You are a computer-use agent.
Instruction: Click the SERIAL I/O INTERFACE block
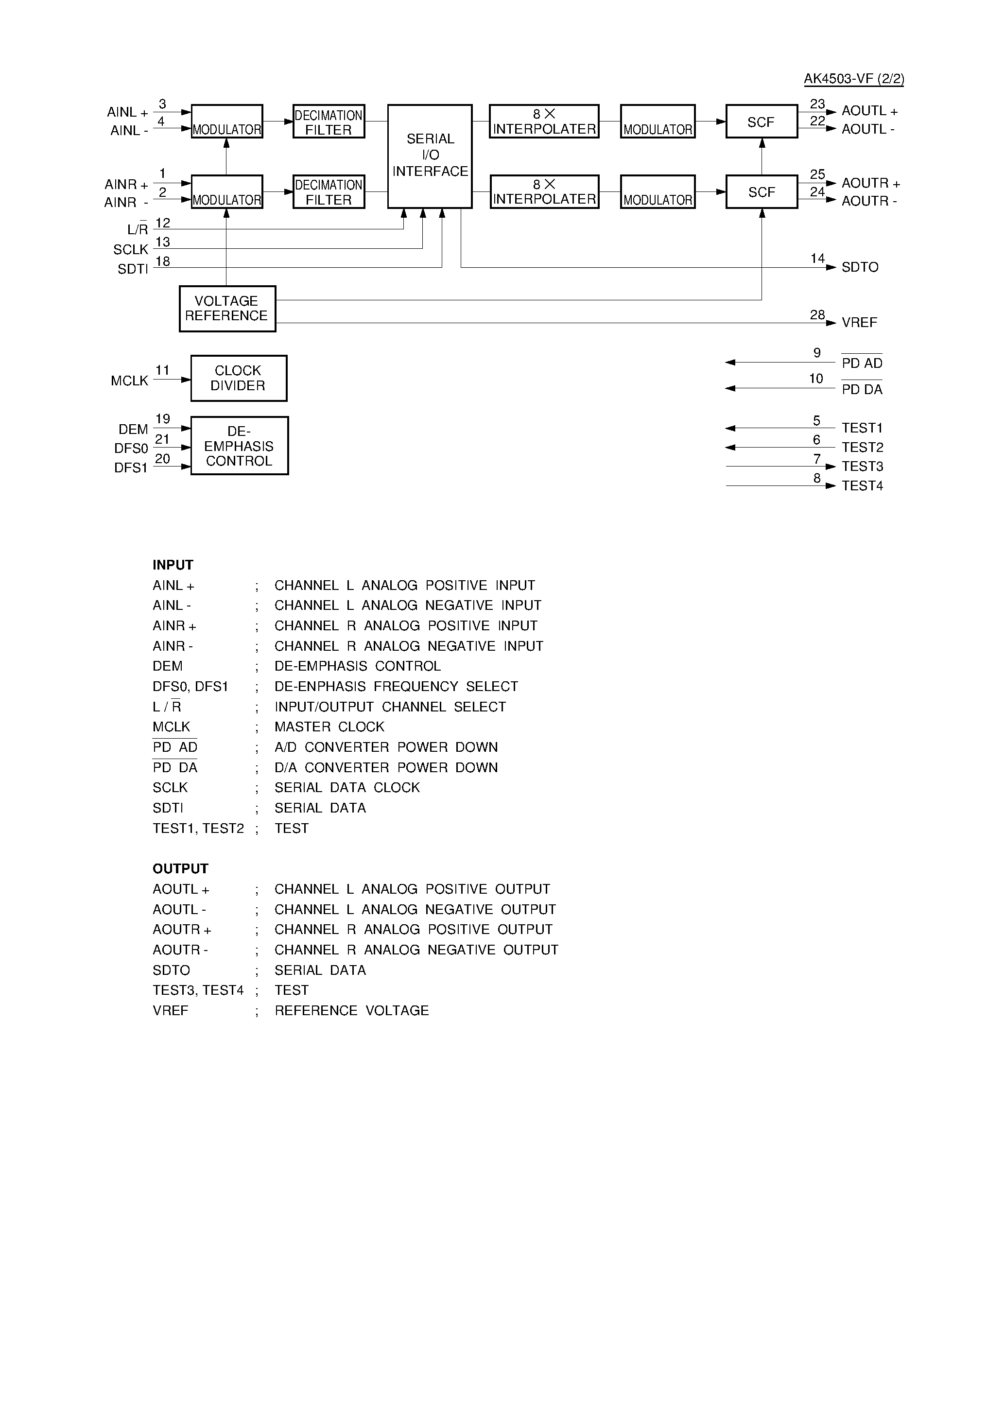[x=430, y=156]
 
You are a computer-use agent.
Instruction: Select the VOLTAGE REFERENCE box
[x=227, y=309]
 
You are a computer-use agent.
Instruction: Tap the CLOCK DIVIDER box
[x=239, y=378]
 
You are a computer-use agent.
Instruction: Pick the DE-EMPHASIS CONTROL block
[x=239, y=446]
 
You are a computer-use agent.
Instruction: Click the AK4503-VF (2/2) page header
[x=853, y=79]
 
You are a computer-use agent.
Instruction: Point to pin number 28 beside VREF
[x=817, y=315]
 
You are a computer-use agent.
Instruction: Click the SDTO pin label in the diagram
[x=859, y=267]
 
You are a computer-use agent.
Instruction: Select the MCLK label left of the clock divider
[x=129, y=381]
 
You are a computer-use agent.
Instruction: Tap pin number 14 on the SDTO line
[x=817, y=259]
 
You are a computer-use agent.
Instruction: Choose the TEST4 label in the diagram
[x=862, y=486]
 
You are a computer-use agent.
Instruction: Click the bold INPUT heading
[x=173, y=565]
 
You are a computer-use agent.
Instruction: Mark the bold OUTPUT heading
[x=180, y=868]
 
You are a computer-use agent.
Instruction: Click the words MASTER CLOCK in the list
[x=329, y=727]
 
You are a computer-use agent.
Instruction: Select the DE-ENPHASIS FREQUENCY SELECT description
[x=396, y=687]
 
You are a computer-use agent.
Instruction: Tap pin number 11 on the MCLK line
[x=162, y=370]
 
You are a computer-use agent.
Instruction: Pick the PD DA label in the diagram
[x=862, y=389]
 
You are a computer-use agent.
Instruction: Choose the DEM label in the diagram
[x=133, y=429]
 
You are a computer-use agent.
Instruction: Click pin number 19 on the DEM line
[x=162, y=419]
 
